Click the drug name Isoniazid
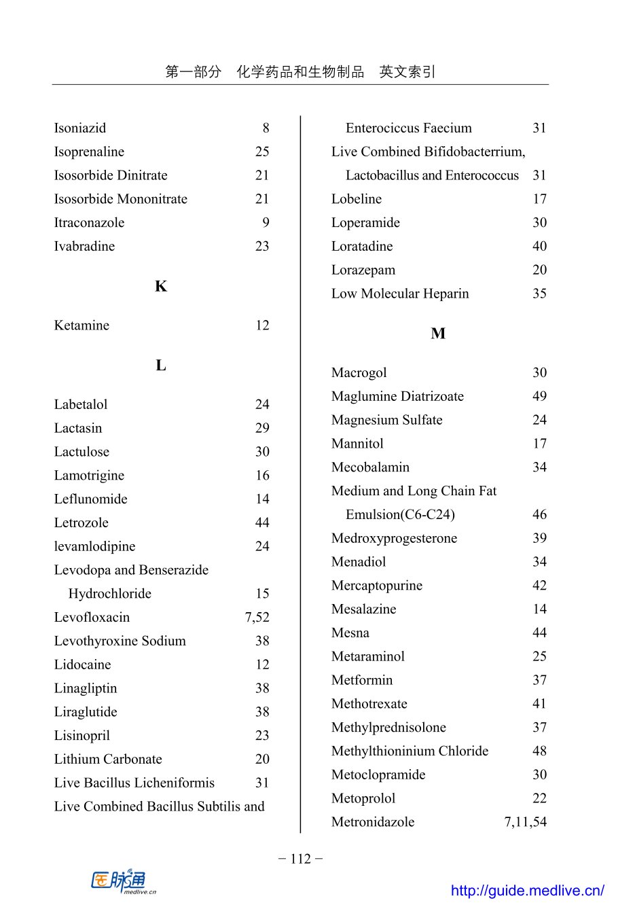[x=80, y=128]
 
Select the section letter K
[x=161, y=286]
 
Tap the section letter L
[x=161, y=366]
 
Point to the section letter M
[x=438, y=334]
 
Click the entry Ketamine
[x=81, y=325]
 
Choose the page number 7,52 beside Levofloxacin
[x=257, y=617]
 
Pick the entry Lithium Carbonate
[x=108, y=759]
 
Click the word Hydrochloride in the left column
[x=109, y=593]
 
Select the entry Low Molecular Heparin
[x=400, y=294]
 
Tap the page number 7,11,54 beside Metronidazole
[x=525, y=821]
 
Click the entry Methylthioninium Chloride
[x=410, y=751]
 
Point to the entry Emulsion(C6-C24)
[x=400, y=514]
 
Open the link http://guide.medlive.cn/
[x=527, y=890]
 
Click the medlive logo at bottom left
[x=123, y=882]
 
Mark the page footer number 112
[x=300, y=859]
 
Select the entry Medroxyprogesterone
[x=394, y=538]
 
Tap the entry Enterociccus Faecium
[x=408, y=128]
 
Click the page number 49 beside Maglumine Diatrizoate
[x=539, y=396]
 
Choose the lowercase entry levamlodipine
[x=94, y=546]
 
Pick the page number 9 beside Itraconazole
[x=266, y=222]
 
